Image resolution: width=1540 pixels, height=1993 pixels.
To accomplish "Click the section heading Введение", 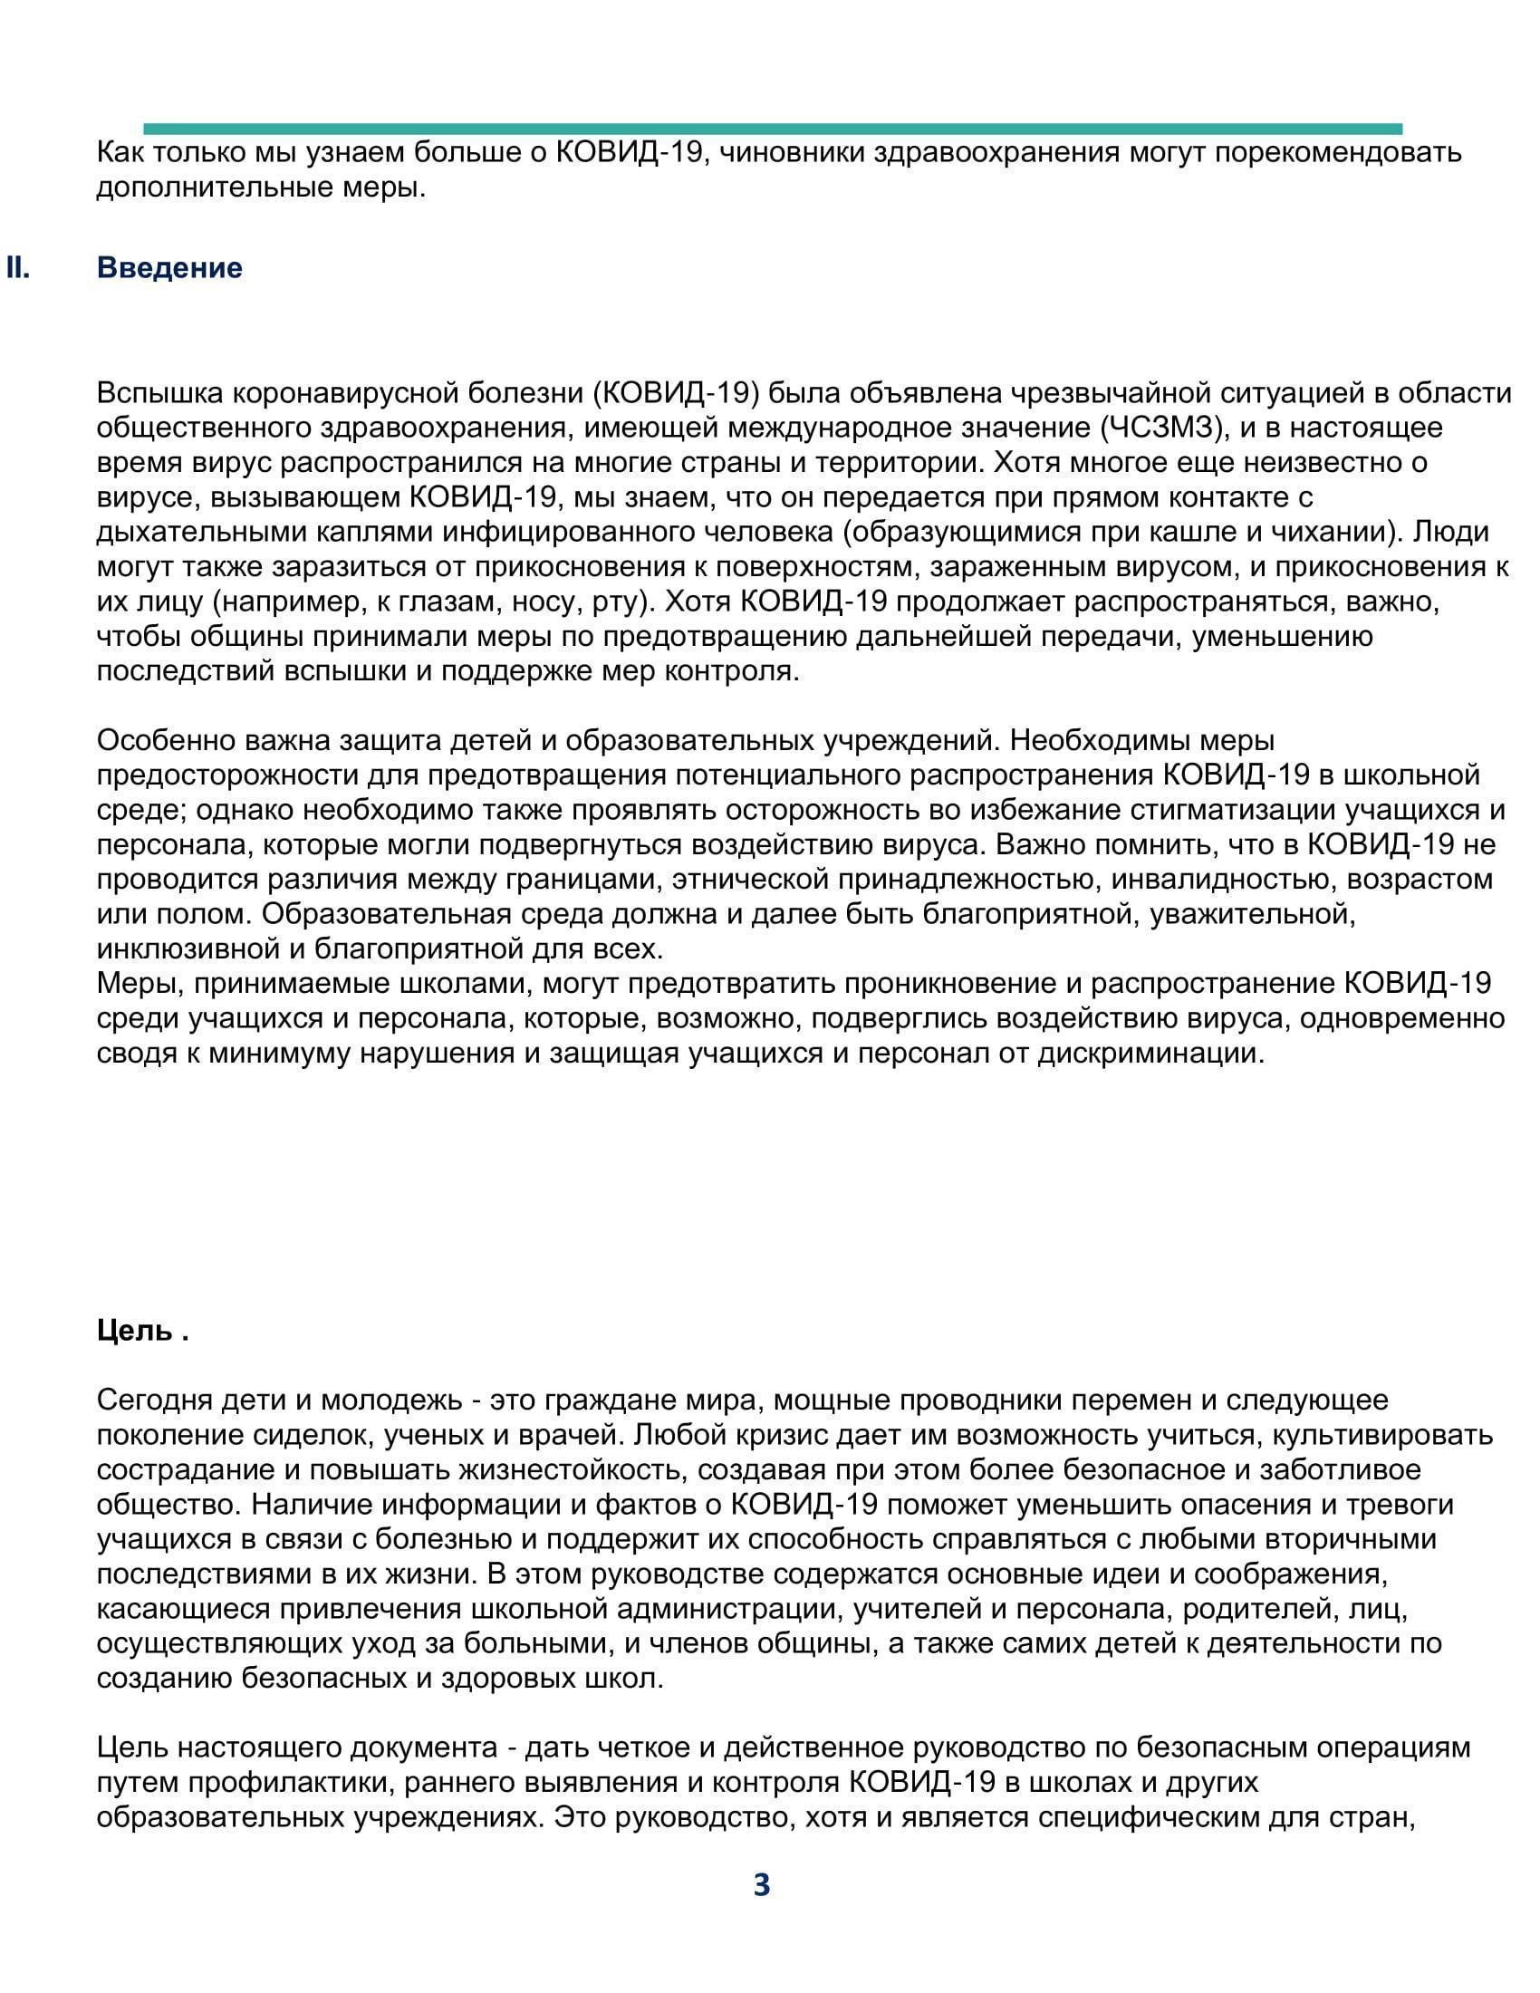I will tap(169, 268).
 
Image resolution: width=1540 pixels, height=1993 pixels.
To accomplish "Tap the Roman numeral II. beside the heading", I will tap(18, 268).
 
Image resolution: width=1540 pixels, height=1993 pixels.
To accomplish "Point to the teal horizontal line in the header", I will tap(772, 129).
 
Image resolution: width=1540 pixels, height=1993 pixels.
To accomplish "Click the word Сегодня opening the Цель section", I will tap(149, 1401).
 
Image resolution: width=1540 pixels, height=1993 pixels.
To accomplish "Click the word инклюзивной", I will tap(187, 949).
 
